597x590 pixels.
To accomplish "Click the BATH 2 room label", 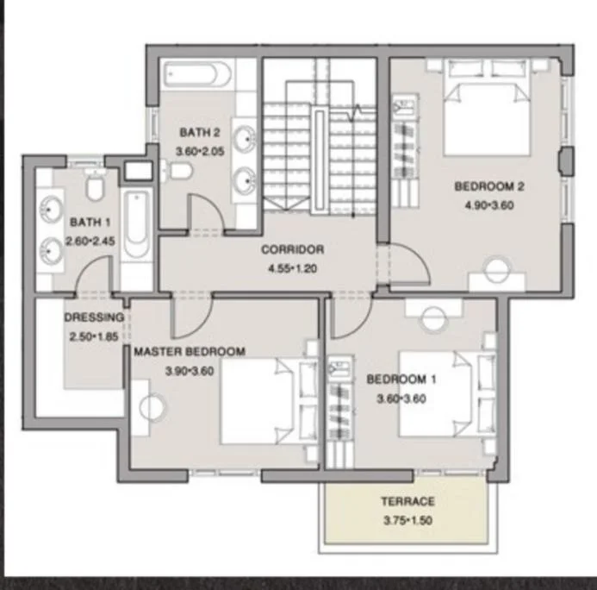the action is pyautogui.click(x=200, y=132).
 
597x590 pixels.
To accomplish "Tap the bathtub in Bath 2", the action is pyautogui.click(x=197, y=73).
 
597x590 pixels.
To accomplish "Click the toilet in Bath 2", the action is pyautogui.click(x=177, y=170).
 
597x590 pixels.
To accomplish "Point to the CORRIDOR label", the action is pyautogui.click(x=292, y=249).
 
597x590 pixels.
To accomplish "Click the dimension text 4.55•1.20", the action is pyautogui.click(x=292, y=269).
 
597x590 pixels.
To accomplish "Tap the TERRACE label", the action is pyautogui.click(x=407, y=501).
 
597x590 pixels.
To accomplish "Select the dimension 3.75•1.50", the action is pyautogui.click(x=407, y=520).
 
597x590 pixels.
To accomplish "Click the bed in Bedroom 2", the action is pyautogui.click(x=487, y=108).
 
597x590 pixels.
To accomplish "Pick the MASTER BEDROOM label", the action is pyautogui.click(x=190, y=351).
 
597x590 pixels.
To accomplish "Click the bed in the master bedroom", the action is pyautogui.click(x=269, y=401).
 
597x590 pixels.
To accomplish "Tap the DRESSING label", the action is pyautogui.click(x=94, y=317).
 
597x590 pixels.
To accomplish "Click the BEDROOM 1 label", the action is pyautogui.click(x=401, y=380).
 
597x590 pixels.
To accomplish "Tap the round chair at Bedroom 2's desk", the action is pyautogui.click(x=497, y=269).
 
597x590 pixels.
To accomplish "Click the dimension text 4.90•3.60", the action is pyautogui.click(x=489, y=205).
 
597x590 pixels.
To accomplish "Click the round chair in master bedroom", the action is pyautogui.click(x=152, y=407).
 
